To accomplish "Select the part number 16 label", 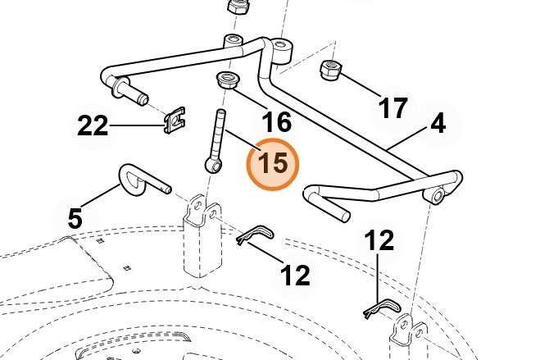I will [276, 122].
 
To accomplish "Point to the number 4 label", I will [438, 124].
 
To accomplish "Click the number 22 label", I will [93, 125].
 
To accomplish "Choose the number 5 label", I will [75, 218].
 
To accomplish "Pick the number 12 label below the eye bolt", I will [296, 275].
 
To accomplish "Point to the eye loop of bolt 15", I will [214, 166].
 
